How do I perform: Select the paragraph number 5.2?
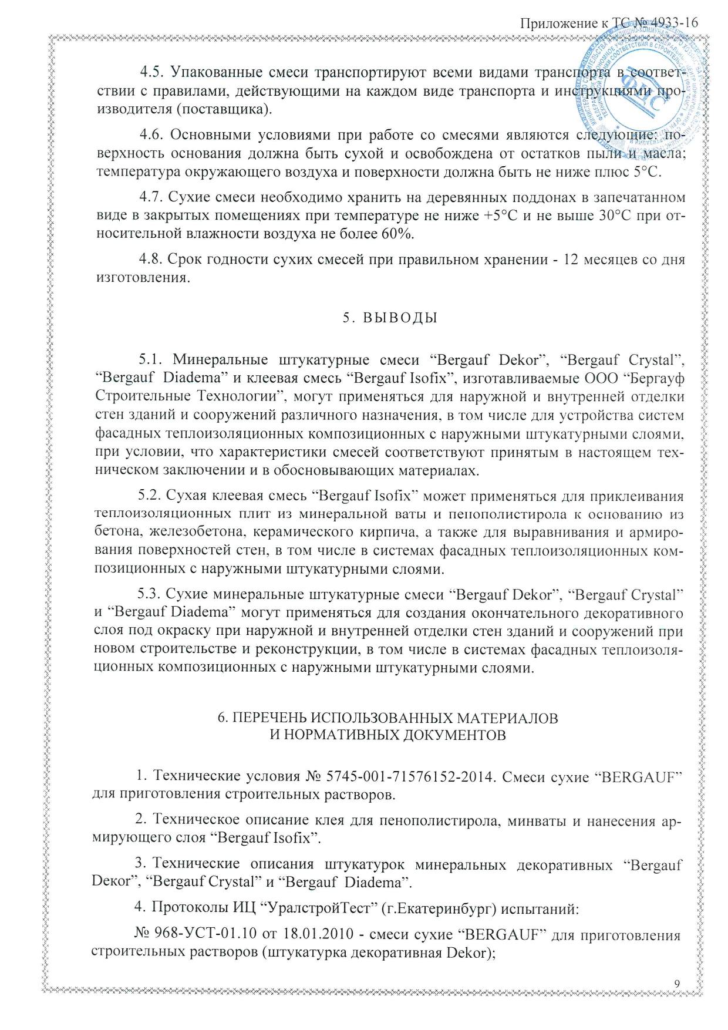(x=149, y=496)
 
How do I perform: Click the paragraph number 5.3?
(x=149, y=594)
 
